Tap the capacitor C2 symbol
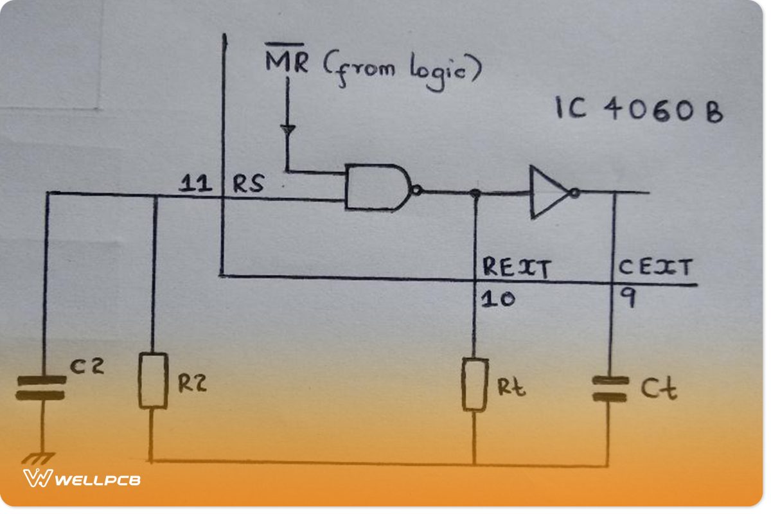click(x=40, y=389)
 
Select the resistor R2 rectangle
click(x=153, y=380)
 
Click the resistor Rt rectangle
click(x=474, y=385)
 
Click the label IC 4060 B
click(x=639, y=111)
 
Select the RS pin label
click(x=247, y=186)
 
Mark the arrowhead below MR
click(x=288, y=129)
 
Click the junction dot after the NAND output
click(x=474, y=192)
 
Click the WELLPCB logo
click(x=82, y=479)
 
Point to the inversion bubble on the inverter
click(x=574, y=191)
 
